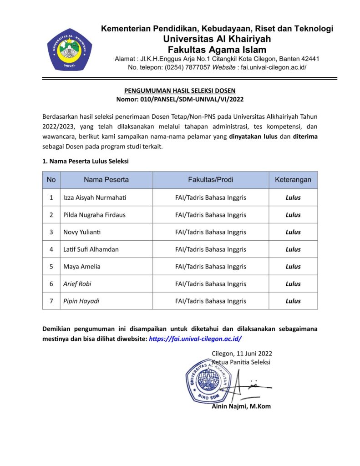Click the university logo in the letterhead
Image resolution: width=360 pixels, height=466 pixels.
point(70,49)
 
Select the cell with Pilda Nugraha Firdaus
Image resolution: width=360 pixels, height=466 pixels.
point(94,215)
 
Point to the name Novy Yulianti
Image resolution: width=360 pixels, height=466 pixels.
point(82,232)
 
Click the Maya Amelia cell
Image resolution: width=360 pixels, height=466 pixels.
point(82,267)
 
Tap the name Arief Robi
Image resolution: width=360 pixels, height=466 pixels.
point(77,284)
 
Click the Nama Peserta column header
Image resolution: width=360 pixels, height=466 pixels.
point(106,180)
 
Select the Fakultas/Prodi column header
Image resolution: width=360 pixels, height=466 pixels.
point(210,180)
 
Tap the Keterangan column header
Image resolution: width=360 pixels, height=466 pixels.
point(293,180)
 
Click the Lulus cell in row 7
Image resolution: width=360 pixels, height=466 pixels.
point(293,301)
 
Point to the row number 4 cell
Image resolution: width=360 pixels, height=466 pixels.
point(51,249)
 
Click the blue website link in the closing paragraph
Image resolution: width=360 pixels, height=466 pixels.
point(195,339)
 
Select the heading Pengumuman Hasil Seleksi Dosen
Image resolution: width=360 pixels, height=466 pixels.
point(180,91)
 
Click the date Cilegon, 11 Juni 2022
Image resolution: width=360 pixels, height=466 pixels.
point(242,354)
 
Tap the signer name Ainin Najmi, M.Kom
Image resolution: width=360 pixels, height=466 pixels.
point(241,406)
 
